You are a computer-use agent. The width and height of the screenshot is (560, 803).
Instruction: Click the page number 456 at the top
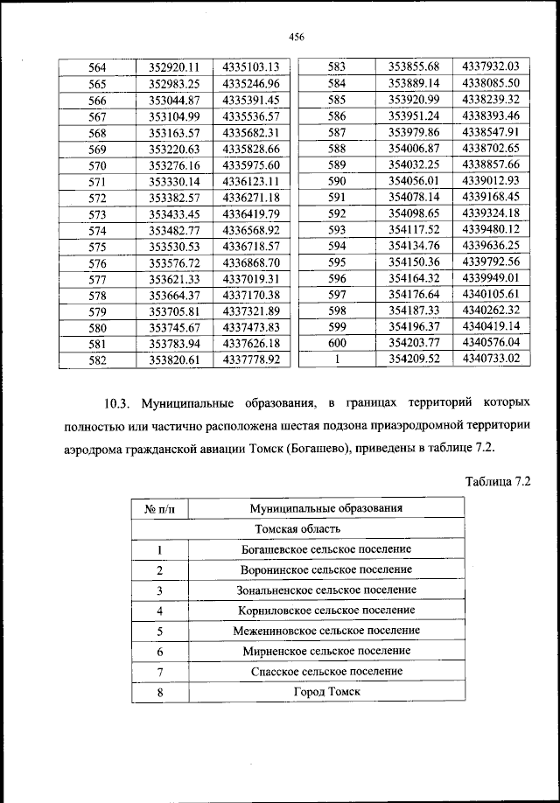click(295, 36)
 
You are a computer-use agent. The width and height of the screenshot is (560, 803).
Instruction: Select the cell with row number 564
click(98, 67)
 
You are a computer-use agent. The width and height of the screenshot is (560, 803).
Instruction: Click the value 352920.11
click(175, 67)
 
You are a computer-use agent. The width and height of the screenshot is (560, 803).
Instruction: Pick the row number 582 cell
click(98, 360)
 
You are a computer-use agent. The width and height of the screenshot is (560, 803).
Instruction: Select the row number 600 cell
click(337, 343)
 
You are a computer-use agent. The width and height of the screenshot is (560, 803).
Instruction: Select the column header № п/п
click(160, 508)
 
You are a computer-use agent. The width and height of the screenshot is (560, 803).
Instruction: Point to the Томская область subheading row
click(297, 529)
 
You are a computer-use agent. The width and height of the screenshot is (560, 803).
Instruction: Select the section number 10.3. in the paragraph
click(116, 404)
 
